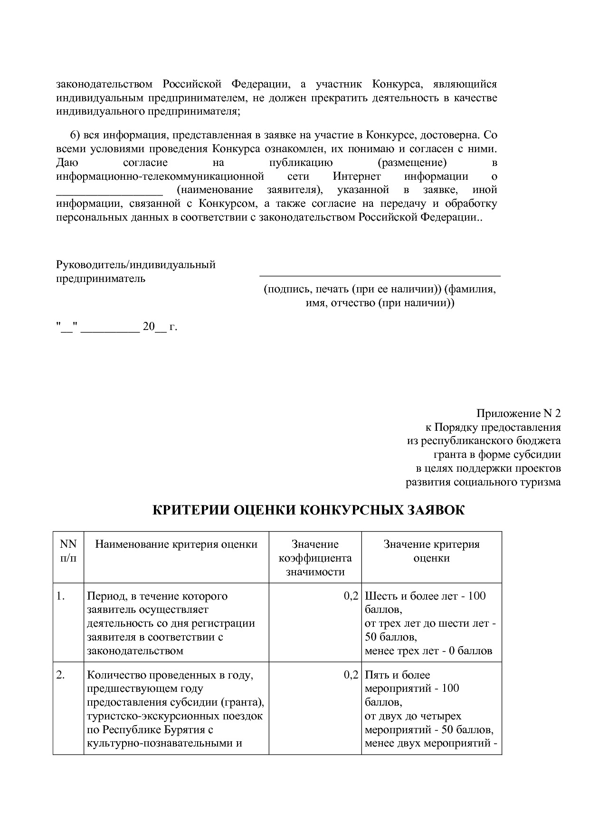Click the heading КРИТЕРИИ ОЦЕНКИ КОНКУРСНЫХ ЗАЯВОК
click(x=308, y=511)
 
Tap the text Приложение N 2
click(x=518, y=413)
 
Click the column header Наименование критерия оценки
click(x=176, y=544)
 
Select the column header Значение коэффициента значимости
click(x=315, y=558)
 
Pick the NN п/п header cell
click(x=68, y=551)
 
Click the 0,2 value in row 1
click(x=351, y=596)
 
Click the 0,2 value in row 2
click(x=351, y=675)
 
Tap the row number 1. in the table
click(x=61, y=596)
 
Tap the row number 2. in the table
click(x=61, y=675)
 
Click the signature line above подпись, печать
click(x=380, y=275)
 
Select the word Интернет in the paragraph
click(x=356, y=176)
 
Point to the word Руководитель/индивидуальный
click(x=136, y=265)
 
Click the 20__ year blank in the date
click(x=155, y=327)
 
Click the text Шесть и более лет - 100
click(x=425, y=596)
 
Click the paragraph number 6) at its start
click(x=76, y=135)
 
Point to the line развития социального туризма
click(x=483, y=482)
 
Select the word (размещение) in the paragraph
click(x=412, y=163)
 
